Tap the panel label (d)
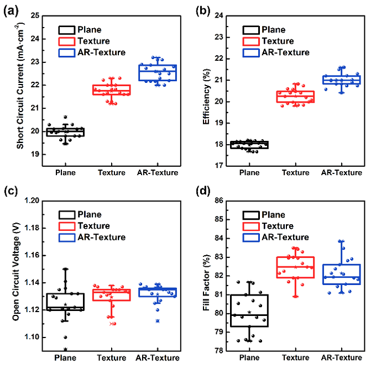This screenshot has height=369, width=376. point(201,193)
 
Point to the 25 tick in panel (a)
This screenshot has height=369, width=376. point(38,15)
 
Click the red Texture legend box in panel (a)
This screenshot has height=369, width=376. point(67,41)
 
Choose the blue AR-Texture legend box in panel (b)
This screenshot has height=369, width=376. point(252,52)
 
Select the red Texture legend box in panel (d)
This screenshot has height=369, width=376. point(252,226)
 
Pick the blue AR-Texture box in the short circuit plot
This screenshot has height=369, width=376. point(158,72)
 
